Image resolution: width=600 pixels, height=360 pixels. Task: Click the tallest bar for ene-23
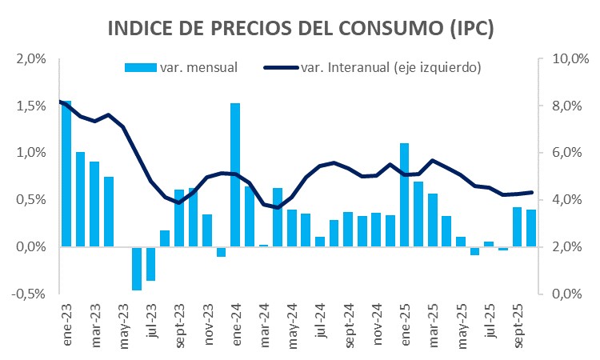[x=66, y=174]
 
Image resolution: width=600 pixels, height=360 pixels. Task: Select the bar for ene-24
[x=235, y=174]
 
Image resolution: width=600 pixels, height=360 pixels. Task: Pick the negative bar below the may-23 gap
[x=137, y=268]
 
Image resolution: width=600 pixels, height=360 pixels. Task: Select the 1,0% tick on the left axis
[x=30, y=153]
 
